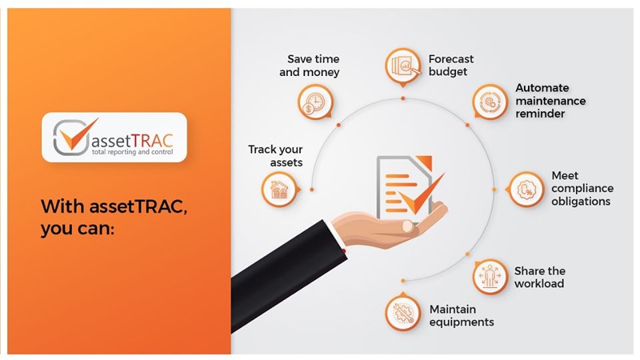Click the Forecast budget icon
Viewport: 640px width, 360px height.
click(x=403, y=65)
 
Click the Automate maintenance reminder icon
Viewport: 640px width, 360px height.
click(x=490, y=102)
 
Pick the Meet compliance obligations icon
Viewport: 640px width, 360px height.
click(x=527, y=189)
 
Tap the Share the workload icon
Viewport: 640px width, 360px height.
click(x=490, y=277)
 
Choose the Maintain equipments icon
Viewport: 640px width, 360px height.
click(x=403, y=313)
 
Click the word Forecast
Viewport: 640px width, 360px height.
click(x=451, y=58)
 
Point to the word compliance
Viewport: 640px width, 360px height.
click(x=583, y=189)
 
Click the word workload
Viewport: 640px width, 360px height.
click(x=539, y=283)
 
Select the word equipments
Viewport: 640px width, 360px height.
click(x=461, y=322)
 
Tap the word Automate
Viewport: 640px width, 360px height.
click(x=542, y=87)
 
